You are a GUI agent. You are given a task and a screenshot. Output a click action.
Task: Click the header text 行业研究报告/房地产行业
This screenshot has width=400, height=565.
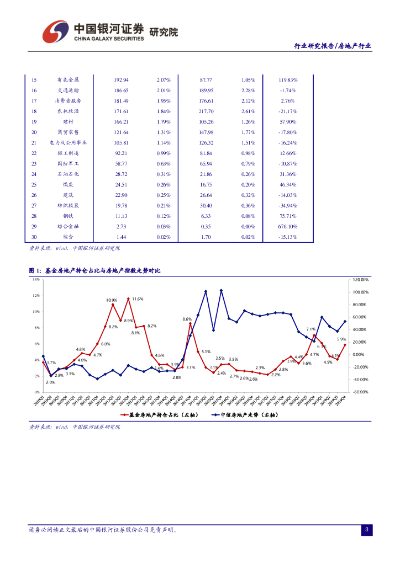tap(332, 47)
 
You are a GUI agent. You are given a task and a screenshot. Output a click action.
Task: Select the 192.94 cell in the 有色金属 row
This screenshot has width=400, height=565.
tap(120, 79)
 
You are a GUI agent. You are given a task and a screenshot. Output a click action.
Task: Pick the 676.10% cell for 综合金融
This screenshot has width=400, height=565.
tap(288, 226)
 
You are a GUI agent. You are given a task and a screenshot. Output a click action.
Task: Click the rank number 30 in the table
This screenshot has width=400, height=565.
tap(34, 237)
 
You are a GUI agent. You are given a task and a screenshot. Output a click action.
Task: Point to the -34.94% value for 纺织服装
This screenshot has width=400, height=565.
tap(288, 205)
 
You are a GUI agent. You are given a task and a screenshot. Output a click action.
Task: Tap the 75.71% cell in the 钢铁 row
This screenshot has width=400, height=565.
tap(288, 216)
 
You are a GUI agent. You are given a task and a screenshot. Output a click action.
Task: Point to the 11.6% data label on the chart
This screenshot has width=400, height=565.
tap(138, 299)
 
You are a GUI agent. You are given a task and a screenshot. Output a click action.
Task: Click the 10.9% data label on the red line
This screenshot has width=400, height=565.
tap(112, 300)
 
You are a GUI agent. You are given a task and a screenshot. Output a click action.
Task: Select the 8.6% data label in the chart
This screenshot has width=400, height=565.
tap(187, 319)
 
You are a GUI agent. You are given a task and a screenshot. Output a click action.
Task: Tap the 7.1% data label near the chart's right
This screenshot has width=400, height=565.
tap(310, 329)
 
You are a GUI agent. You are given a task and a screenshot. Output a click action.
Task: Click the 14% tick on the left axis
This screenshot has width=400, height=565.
tap(35, 279)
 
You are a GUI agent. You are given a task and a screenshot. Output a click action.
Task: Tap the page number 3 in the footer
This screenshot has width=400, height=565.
tap(366, 530)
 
